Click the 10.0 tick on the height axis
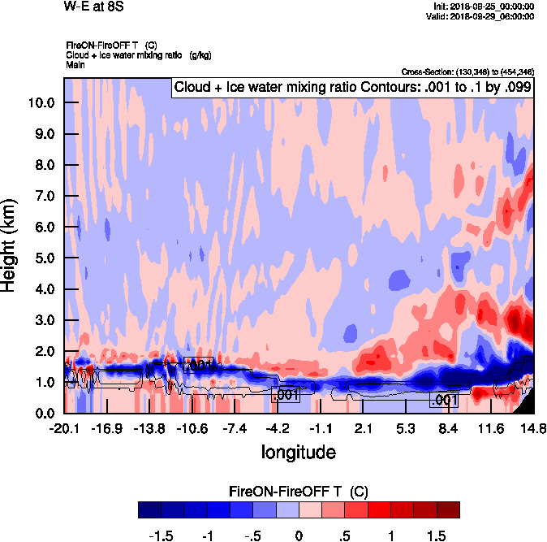41,103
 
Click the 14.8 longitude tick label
533,428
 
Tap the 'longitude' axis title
298,451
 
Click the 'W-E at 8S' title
93,7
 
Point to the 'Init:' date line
485,7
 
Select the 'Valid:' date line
482,16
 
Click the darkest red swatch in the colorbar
447,509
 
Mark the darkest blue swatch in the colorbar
150,509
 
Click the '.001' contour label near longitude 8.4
444,400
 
